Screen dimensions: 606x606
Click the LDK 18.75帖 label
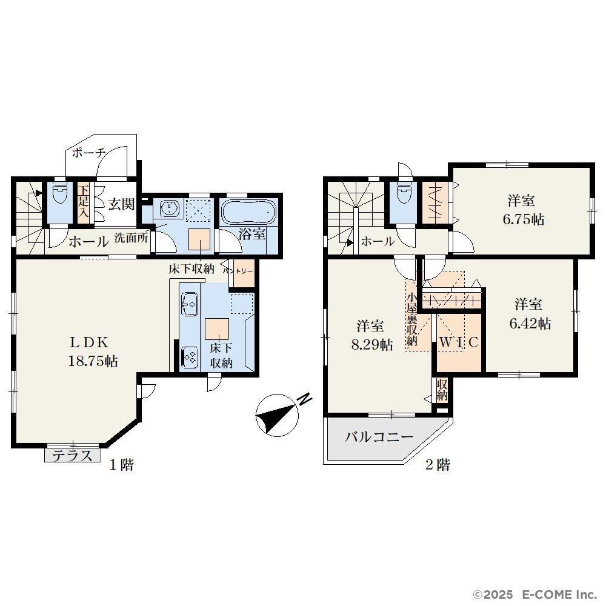[x=93, y=351]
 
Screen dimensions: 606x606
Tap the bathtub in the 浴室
[x=248, y=211]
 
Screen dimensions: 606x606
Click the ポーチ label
[x=89, y=153]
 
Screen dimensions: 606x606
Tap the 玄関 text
[x=121, y=204]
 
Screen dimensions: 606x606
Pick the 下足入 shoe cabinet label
[x=84, y=202]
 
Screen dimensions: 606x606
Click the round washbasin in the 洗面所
[x=169, y=209]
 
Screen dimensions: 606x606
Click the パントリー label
[x=238, y=271]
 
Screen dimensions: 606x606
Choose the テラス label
[x=72, y=456]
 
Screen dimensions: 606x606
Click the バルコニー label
[x=379, y=437]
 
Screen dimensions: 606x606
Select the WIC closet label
[x=459, y=342]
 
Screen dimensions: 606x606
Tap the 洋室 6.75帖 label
[x=523, y=210]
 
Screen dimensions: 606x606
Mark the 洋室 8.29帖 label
[x=371, y=335]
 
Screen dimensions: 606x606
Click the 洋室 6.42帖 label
[x=530, y=314]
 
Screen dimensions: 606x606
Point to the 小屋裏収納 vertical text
[x=411, y=319]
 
